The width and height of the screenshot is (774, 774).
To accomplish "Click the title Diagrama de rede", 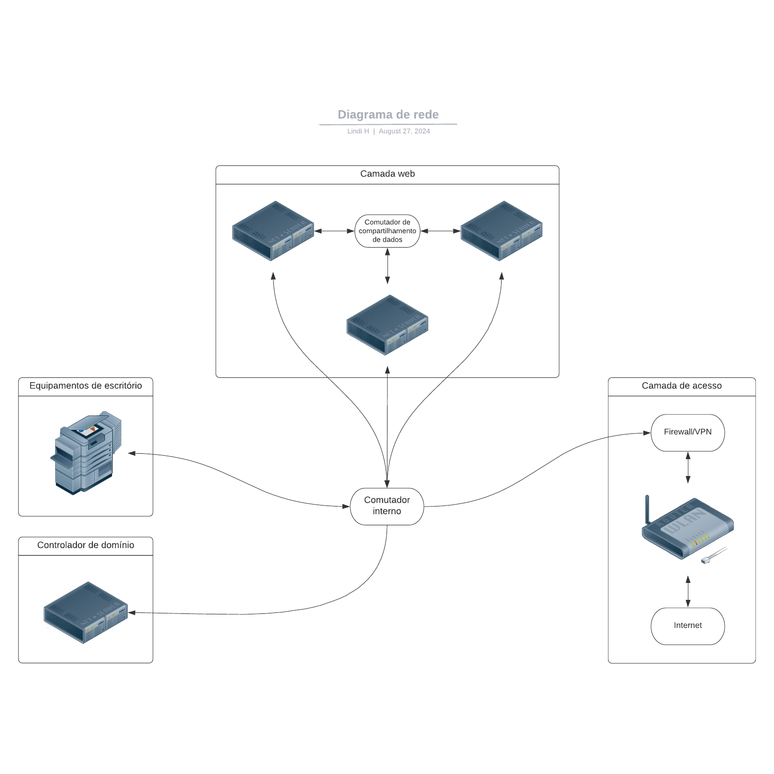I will pyautogui.click(x=388, y=115).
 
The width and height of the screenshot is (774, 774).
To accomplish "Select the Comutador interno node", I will pyautogui.click(x=387, y=506).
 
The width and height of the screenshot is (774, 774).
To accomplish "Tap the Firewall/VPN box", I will pyautogui.click(x=687, y=432).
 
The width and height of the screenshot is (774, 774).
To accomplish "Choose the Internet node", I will pyautogui.click(x=687, y=626).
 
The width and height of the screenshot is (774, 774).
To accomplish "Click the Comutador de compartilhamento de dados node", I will pyautogui.click(x=387, y=231).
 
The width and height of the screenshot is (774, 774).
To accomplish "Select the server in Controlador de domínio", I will pyautogui.click(x=86, y=612).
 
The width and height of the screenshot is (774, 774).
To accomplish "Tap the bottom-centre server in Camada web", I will pyautogui.click(x=387, y=325).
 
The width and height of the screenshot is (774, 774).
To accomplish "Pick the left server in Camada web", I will pyautogui.click(x=273, y=231).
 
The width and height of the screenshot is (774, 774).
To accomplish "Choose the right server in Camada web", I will pyautogui.click(x=501, y=231).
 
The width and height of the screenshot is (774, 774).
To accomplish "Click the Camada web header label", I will pyautogui.click(x=387, y=174).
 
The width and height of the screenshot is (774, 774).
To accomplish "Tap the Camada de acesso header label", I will pyautogui.click(x=681, y=386).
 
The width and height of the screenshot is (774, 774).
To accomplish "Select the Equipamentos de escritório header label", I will pyautogui.click(x=86, y=386).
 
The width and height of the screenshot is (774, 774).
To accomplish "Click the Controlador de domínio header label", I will pyautogui.click(x=86, y=545).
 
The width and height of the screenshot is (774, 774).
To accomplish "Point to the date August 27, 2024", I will pyautogui.click(x=404, y=131).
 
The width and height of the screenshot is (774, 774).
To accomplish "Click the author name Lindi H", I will pyautogui.click(x=358, y=131).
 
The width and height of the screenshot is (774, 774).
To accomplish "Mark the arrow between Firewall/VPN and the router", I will pyautogui.click(x=688, y=467).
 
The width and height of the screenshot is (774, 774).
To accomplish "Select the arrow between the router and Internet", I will pyautogui.click(x=688, y=591).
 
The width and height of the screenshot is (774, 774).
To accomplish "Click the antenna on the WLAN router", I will pyautogui.click(x=647, y=508).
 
